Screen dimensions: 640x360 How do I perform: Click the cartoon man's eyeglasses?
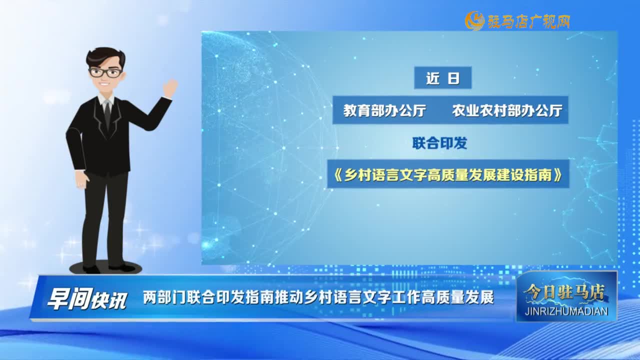(x=105, y=72)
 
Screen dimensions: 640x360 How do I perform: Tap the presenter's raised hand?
(x=170, y=88)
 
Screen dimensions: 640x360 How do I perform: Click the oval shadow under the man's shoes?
(x=105, y=268)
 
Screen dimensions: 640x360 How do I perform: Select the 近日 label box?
(x=442, y=77)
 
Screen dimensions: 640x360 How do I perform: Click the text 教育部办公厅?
(x=384, y=110)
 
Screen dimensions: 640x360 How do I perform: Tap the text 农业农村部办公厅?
(x=507, y=110)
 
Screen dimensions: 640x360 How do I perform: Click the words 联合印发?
(x=439, y=143)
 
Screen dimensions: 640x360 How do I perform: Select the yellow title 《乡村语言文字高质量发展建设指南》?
(x=448, y=174)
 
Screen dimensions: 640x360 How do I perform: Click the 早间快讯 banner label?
(x=87, y=298)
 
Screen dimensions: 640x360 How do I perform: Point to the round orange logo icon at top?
(x=474, y=20)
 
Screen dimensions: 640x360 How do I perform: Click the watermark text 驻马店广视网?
(x=528, y=21)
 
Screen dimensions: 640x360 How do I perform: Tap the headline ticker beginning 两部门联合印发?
(x=318, y=297)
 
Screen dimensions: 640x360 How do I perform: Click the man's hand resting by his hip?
(x=82, y=179)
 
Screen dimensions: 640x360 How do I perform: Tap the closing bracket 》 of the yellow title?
(x=557, y=174)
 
